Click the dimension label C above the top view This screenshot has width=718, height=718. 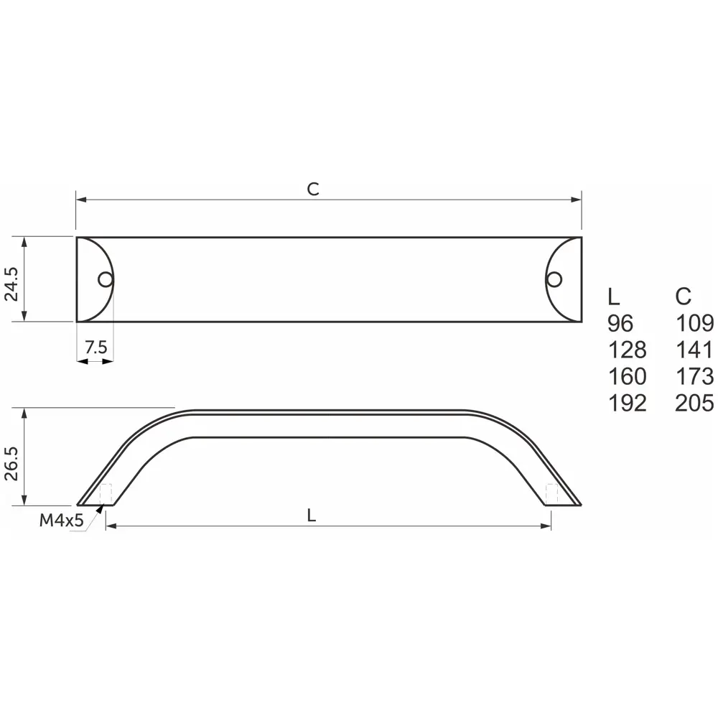(313, 190)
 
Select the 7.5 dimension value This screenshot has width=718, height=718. (95, 348)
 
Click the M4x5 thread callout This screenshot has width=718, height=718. (62, 521)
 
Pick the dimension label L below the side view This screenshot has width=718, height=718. (311, 515)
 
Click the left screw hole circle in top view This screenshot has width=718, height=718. (106, 279)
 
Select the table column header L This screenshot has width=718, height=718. (613, 296)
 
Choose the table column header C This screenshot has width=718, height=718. (684, 296)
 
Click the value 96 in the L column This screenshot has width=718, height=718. (620, 323)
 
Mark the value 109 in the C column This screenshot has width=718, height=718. (694, 323)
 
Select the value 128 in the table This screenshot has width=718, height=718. (627, 350)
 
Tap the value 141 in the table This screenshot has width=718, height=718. (694, 350)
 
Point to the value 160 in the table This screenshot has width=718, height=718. (627, 376)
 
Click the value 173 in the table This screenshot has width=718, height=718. (694, 376)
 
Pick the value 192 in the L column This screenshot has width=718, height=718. (627, 403)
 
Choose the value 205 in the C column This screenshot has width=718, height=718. (694, 403)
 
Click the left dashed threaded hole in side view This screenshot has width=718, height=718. (106, 494)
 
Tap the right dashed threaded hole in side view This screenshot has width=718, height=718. (551, 494)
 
